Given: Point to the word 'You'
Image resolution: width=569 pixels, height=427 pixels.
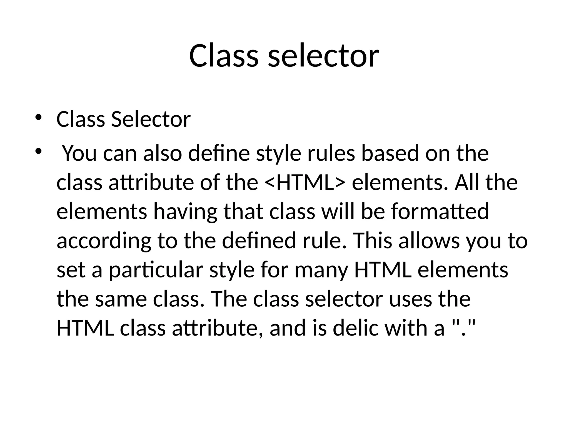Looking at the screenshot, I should click(x=79, y=153).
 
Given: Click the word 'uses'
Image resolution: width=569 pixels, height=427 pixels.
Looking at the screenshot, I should click(x=409, y=300).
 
